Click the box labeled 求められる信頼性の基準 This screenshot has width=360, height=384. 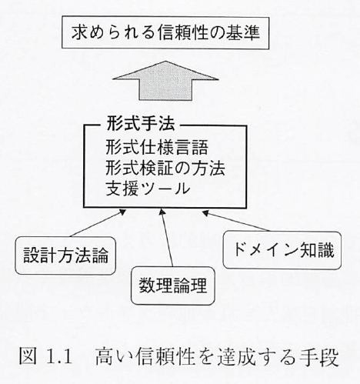165,32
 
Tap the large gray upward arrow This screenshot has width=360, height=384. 165,81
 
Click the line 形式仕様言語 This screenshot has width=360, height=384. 157,147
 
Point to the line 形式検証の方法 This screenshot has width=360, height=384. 165,168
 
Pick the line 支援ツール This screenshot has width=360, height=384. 148,189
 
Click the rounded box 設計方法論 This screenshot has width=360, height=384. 65,255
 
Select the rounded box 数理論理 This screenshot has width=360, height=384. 173,285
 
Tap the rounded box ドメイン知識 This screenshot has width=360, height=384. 282,250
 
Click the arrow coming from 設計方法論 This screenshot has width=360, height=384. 98,223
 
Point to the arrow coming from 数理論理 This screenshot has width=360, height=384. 167,238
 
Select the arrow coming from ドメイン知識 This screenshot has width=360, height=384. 235,221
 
